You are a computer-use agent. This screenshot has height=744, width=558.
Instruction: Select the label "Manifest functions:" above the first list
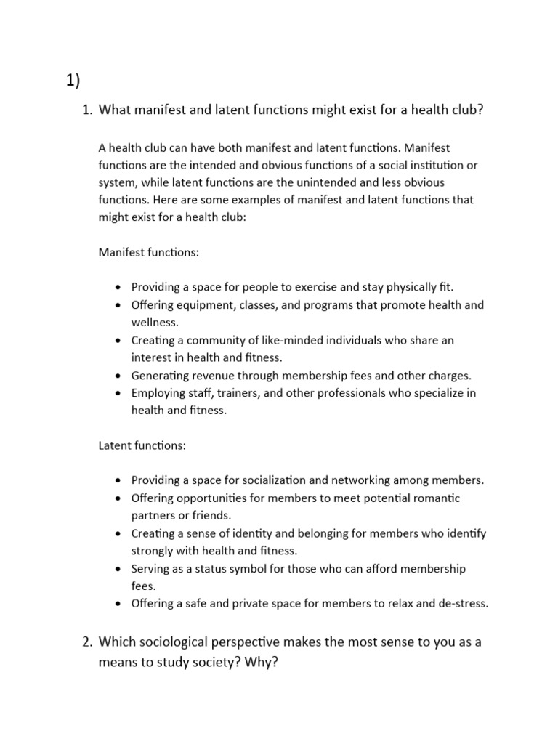148,252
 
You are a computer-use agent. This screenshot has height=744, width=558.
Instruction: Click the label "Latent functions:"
142,445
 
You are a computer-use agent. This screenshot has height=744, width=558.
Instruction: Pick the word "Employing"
157,393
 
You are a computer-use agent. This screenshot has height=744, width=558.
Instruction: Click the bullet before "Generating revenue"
118,376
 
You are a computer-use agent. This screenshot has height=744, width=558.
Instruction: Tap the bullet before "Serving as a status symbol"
118,569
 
